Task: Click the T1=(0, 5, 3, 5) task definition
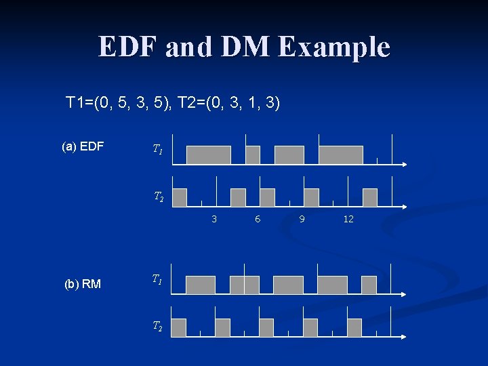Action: (x=119, y=103)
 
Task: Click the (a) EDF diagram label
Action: (x=82, y=146)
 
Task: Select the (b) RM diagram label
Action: (x=82, y=284)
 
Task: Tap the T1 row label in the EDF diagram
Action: (x=157, y=148)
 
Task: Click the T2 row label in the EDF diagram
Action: (x=158, y=197)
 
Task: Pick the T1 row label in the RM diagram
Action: (x=157, y=279)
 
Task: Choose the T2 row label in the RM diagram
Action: (x=157, y=327)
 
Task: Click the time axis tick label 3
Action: (x=214, y=219)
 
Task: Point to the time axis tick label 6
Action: (x=258, y=219)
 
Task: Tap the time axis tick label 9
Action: (x=302, y=219)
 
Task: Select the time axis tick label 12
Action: (x=348, y=219)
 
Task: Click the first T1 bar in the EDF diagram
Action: (x=208, y=155)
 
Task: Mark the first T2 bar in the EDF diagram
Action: (x=180, y=197)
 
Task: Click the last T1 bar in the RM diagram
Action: (x=369, y=285)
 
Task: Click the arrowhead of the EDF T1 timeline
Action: (x=403, y=165)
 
